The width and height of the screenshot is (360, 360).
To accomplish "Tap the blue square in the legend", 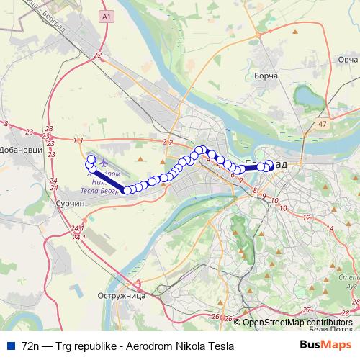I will tap(11, 345).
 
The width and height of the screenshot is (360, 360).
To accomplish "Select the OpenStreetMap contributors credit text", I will tap(297, 322).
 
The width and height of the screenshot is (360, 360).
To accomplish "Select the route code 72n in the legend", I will tap(31, 346).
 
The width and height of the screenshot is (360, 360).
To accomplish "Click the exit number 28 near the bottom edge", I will tap(346, 312).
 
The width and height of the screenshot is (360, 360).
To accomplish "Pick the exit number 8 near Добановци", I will tap(6, 125).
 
